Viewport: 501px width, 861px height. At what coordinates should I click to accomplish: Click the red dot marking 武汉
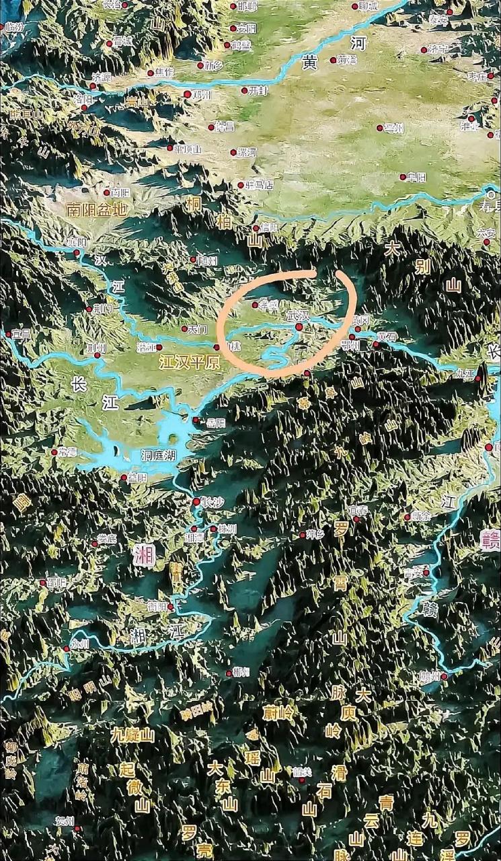(299, 327)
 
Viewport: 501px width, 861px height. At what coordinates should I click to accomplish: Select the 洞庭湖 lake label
(158, 455)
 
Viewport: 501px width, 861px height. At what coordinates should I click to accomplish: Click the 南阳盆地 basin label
(97, 209)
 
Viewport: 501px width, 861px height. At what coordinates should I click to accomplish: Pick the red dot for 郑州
(188, 94)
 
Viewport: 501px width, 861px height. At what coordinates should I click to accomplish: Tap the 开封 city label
(258, 89)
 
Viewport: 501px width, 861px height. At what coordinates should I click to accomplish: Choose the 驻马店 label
(260, 184)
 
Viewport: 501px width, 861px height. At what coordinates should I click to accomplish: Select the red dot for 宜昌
(9, 334)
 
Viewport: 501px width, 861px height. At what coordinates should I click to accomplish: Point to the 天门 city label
(196, 330)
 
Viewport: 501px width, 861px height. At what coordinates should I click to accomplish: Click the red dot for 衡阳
(171, 607)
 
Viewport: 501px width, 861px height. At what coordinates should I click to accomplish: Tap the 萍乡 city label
(315, 535)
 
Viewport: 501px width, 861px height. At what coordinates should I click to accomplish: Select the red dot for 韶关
(302, 780)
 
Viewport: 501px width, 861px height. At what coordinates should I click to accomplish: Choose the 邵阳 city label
(56, 583)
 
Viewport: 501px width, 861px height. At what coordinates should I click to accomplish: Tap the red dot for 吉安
(426, 572)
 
